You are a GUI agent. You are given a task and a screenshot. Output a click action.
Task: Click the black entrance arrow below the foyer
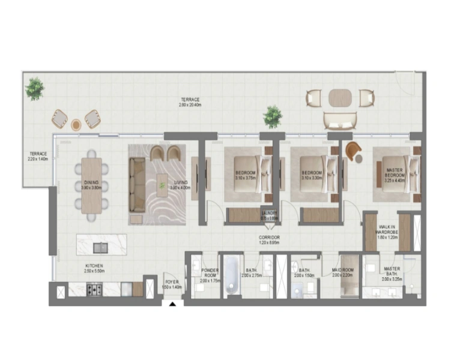[x=173, y=304]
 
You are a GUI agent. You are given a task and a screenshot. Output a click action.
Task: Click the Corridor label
[x=270, y=240]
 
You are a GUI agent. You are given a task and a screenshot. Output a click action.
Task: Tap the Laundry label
[x=269, y=215]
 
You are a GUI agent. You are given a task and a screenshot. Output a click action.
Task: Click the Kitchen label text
[x=94, y=268]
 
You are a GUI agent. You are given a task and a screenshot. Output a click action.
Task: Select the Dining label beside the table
[x=92, y=184]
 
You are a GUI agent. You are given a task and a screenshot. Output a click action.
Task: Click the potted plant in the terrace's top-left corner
[x=34, y=88]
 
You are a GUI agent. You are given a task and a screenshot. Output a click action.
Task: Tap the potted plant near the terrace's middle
[x=273, y=116]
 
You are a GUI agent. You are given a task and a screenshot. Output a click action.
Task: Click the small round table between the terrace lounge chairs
[x=76, y=125]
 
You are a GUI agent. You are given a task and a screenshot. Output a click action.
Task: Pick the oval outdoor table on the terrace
[x=340, y=97]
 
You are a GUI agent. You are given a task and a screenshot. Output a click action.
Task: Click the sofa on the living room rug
[x=138, y=184]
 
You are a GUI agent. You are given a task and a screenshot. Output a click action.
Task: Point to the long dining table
[x=92, y=186]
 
